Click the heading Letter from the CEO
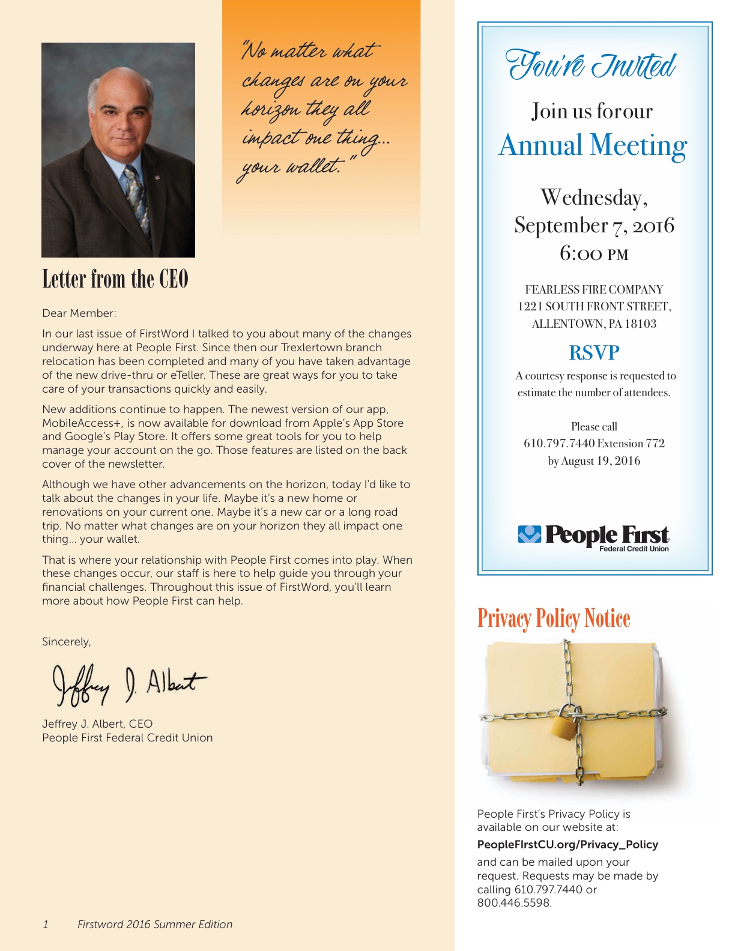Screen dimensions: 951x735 tap(115, 279)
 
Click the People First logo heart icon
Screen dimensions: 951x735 tap(529, 534)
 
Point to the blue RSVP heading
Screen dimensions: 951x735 tap(594, 353)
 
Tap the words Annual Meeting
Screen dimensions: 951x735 tap(593, 146)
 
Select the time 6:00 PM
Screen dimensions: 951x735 tap(594, 253)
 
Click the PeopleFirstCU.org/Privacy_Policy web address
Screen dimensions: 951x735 tap(567, 845)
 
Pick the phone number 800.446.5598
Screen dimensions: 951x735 tap(514, 903)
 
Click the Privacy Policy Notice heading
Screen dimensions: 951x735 tap(554, 618)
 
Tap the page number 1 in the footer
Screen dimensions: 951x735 tap(46, 925)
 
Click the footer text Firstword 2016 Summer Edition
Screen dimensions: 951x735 tap(155, 925)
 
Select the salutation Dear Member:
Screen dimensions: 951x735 tap(79, 313)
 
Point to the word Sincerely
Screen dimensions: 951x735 tap(66, 642)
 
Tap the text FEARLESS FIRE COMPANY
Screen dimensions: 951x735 tap(594, 289)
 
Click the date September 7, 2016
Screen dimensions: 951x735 tap(594, 226)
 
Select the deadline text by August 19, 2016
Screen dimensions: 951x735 tap(594, 461)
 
